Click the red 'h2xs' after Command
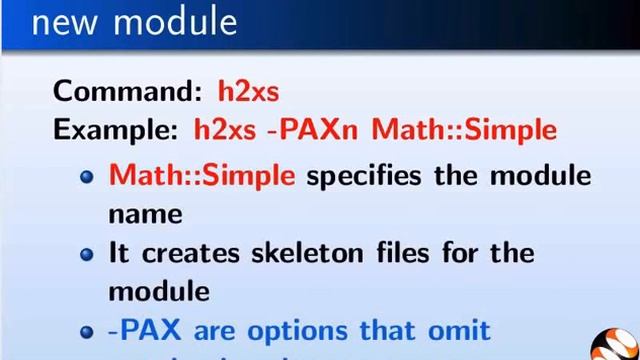[x=248, y=91]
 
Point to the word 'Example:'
[x=116, y=130]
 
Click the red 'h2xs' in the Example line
[x=225, y=130]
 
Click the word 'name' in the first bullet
[x=145, y=213]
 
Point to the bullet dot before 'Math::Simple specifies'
[x=87, y=176]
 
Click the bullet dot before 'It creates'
[x=87, y=253]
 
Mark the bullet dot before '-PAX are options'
[x=87, y=330]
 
